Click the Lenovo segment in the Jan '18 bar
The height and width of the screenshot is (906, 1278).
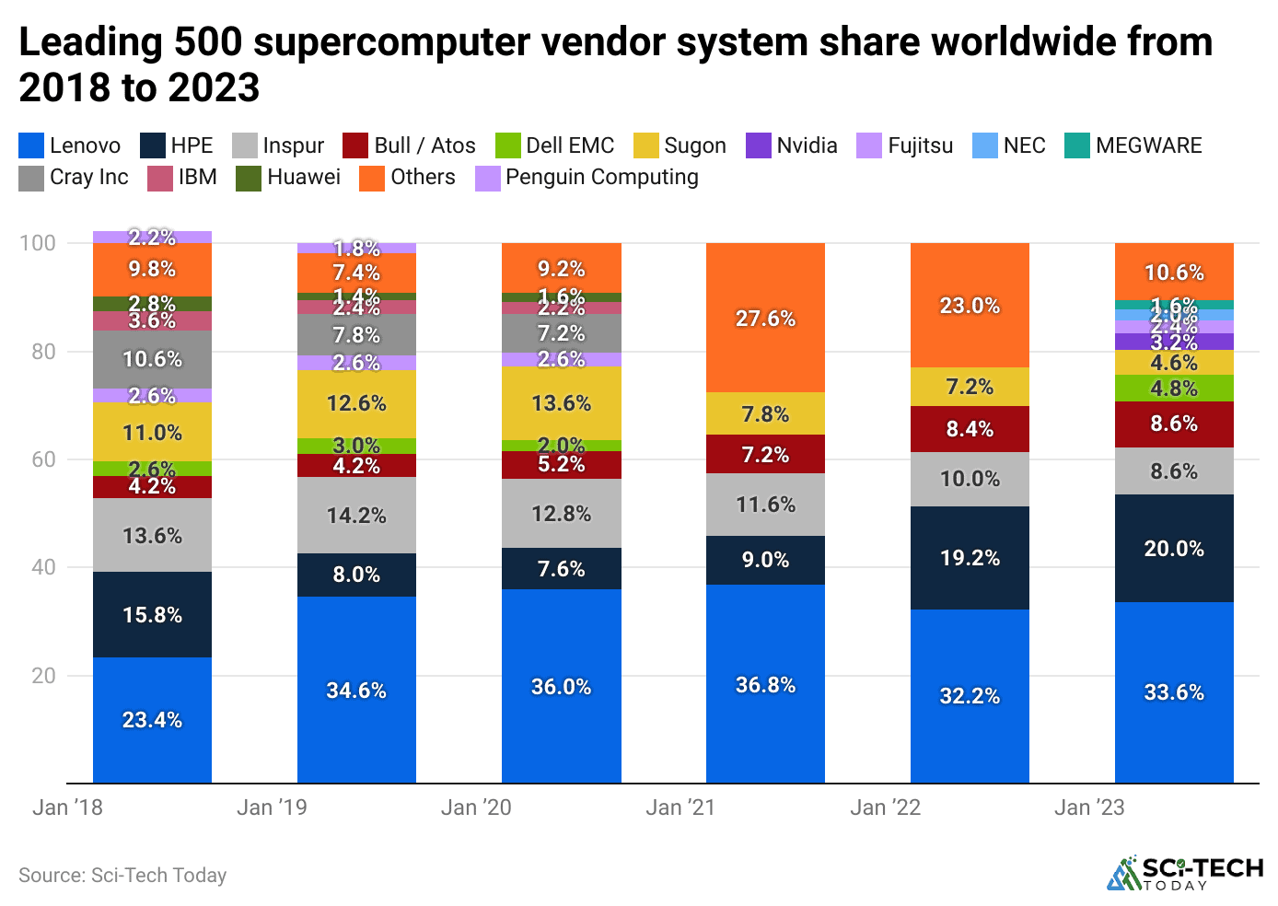[152, 720]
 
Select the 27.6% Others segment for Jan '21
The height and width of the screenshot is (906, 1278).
[765, 318]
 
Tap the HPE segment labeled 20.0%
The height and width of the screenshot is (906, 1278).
[1174, 549]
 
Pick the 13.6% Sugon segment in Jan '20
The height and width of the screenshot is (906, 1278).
[561, 403]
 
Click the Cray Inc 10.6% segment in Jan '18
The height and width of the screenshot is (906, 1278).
[152, 359]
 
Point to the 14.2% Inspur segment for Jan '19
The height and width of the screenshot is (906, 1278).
[356, 516]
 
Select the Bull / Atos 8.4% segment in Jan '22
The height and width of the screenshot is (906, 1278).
[970, 429]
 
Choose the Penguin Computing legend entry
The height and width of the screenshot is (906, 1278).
[587, 177]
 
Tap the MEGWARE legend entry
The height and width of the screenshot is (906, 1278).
[1133, 145]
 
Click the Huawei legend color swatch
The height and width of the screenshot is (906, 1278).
[249, 178]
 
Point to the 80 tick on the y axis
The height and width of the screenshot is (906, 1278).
[43, 352]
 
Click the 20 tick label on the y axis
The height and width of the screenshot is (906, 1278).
[43, 676]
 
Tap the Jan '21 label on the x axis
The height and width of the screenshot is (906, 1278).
[680, 807]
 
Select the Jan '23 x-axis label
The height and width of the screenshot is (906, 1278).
[1089, 807]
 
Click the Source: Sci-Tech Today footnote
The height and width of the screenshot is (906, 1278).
[122, 876]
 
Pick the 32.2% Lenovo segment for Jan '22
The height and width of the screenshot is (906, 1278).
[970, 696]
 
